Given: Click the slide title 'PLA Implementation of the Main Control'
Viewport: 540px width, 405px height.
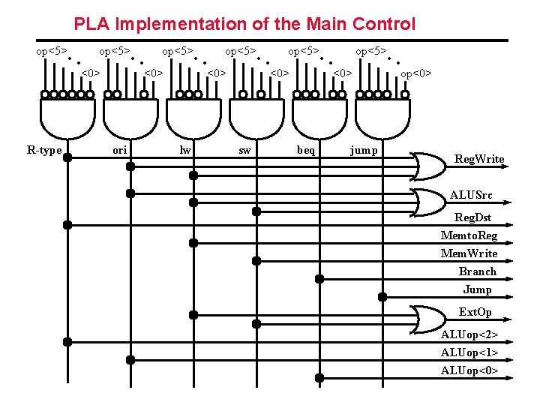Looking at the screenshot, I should click(244, 24).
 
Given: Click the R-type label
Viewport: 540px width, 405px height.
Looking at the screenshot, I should click(44, 150).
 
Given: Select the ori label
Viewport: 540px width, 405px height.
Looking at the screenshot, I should click(119, 150).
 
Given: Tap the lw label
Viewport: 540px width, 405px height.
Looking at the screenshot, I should click(185, 150).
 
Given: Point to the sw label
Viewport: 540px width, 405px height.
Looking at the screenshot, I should click(244, 150).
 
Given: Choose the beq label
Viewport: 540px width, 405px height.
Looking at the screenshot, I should click(306, 150).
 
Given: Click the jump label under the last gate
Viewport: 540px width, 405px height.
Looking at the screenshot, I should click(364, 150).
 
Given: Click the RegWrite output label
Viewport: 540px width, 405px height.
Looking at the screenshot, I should click(479, 159).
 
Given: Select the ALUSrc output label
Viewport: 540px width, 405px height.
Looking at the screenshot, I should click(471, 196).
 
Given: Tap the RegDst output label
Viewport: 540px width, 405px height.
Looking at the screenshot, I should click(473, 218).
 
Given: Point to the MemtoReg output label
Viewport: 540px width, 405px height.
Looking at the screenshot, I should click(469, 235).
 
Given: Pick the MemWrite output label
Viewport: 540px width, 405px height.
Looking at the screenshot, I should click(469, 253).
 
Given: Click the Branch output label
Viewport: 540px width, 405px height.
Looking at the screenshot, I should click(478, 271).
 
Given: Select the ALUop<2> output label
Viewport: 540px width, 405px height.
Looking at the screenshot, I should click(469, 334).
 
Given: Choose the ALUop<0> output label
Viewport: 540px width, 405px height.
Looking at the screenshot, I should click(469, 370).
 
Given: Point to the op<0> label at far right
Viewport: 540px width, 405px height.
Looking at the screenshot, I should click(416, 73).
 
